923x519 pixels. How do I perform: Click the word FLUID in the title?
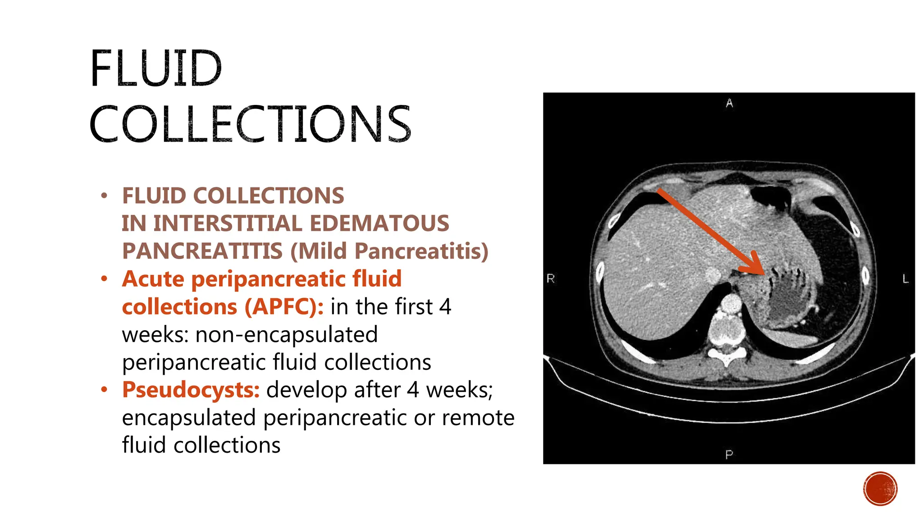tap(155, 68)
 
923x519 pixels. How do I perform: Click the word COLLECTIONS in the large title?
tap(250, 124)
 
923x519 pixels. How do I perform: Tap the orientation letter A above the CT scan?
tap(729, 104)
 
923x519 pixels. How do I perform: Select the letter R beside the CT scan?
tap(551, 278)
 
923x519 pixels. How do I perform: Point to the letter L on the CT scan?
tap(905, 279)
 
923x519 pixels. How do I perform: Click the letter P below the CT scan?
tap(729, 455)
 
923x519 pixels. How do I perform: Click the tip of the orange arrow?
tap(763, 273)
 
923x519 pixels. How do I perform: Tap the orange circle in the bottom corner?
tap(880, 489)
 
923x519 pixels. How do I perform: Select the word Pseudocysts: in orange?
tap(191, 390)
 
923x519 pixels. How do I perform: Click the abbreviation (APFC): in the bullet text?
tap(284, 307)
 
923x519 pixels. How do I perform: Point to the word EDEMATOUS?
tap(379, 223)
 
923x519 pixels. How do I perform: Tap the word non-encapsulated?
tap(287, 335)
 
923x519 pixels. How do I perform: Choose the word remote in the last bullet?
tap(478, 418)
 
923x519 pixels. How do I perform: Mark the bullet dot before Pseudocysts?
tap(105, 389)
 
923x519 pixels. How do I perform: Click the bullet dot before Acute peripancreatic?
tap(105, 279)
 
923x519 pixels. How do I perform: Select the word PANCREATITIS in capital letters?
tap(202, 251)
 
